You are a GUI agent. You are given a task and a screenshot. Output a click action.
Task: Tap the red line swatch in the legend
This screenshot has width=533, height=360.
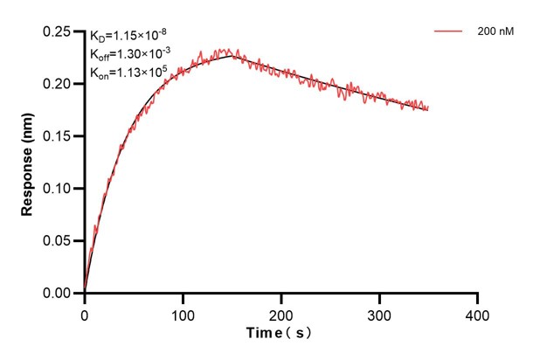pos(448,31)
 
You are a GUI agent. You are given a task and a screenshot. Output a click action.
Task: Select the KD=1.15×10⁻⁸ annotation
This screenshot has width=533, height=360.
pos(126,36)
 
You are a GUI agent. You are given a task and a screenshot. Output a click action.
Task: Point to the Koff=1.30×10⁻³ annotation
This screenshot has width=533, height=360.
pos(128,53)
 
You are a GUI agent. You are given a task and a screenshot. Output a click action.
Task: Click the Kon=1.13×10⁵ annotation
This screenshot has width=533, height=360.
pos(128,71)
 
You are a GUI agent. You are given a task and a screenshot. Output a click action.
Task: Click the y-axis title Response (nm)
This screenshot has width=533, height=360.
pos(29,162)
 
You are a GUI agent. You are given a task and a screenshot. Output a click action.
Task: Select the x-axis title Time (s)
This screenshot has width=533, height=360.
pos(279,333)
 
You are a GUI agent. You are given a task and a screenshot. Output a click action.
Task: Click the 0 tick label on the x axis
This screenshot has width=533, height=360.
pos(85,312)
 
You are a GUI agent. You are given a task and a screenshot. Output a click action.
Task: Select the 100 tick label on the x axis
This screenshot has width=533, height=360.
pos(183,312)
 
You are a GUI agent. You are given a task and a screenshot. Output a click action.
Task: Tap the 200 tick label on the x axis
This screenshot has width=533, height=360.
pos(280,312)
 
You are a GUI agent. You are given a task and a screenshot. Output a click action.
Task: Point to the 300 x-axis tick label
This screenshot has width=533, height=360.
pos(378,312)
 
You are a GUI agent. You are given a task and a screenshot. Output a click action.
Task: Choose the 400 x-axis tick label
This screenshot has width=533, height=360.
pos(476,312)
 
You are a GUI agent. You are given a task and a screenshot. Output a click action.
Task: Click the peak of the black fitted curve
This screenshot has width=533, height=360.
pos(231,56)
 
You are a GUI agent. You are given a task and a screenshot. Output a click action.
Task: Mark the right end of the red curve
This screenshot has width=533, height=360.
pos(428,107)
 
